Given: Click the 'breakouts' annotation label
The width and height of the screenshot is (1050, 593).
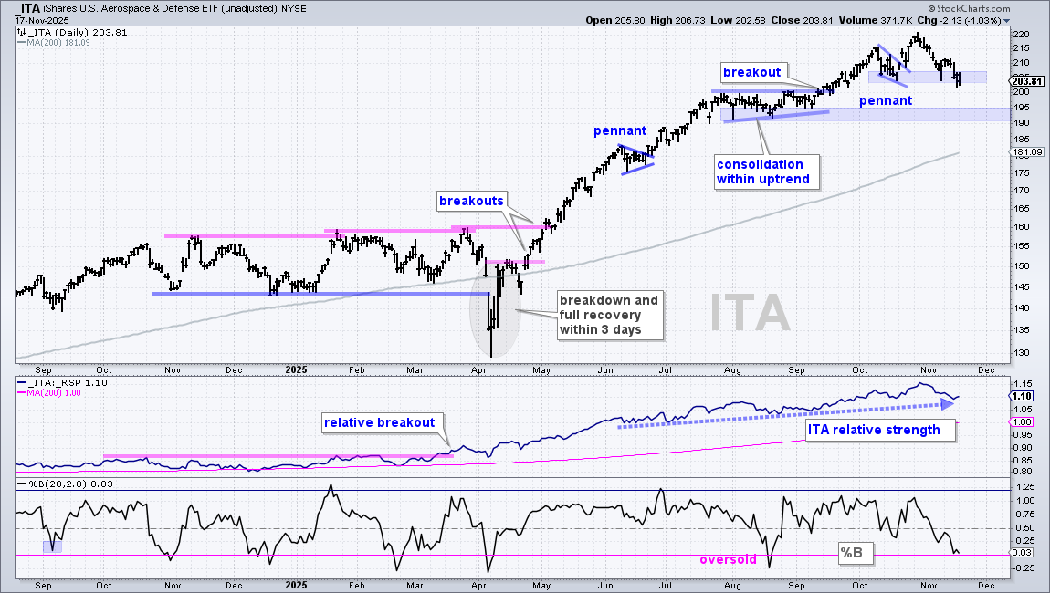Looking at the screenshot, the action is (x=471, y=201).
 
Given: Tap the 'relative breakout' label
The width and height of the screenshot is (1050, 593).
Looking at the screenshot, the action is (x=380, y=423).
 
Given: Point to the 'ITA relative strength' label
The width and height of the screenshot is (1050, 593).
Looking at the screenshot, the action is (x=874, y=431).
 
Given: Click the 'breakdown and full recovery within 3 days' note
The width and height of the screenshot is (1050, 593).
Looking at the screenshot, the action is (x=609, y=316).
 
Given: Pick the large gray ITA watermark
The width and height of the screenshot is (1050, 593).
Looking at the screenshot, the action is (x=750, y=313).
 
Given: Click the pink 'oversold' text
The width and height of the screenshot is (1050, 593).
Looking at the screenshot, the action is (x=728, y=559).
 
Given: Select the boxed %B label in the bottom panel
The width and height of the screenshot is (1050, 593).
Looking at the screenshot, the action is (x=852, y=554).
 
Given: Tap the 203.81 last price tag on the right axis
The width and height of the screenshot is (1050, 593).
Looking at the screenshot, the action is (x=1029, y=82).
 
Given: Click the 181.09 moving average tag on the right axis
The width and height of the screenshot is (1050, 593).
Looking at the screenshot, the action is (x=1029, y=152).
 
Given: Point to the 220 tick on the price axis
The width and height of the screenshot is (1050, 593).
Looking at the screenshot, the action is (x=1021, y=34).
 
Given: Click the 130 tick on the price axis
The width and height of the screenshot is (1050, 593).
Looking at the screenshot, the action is (x=1021, y=353).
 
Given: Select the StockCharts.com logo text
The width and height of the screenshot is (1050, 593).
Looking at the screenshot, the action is (x=973, y=9).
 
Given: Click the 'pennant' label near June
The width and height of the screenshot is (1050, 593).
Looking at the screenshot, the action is (x=620, y=131).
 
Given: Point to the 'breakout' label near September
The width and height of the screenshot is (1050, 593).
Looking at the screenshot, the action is (x=752, y=72).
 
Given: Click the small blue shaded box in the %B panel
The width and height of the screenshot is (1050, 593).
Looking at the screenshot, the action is (x=52, y=546).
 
